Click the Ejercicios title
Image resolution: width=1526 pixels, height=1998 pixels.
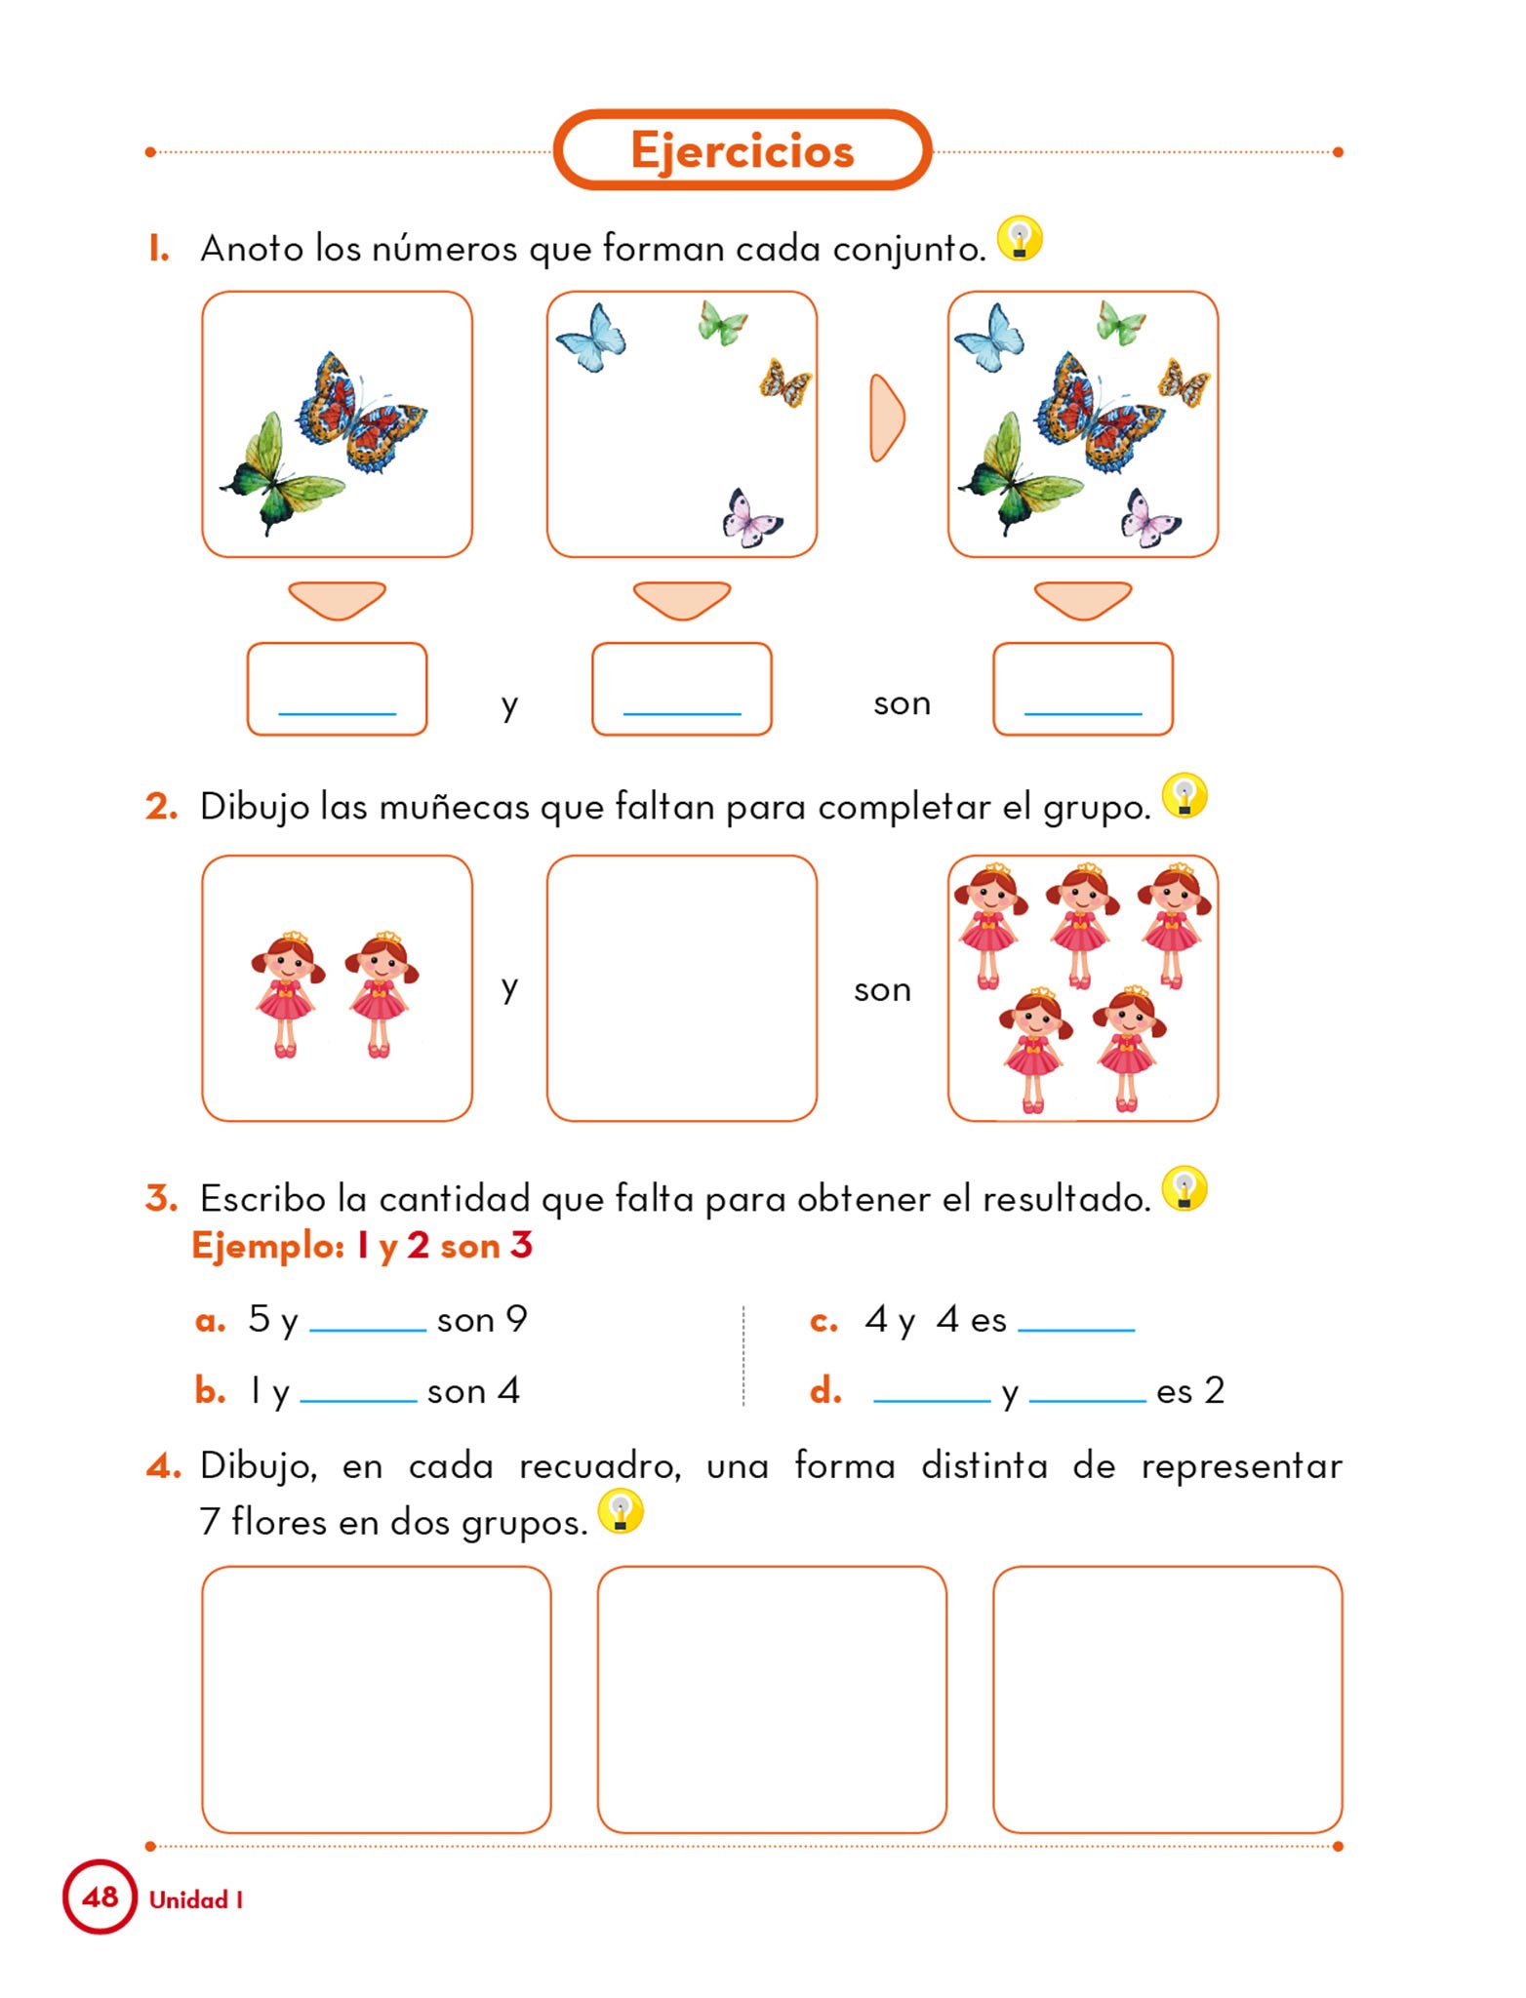click(x=742, y=150)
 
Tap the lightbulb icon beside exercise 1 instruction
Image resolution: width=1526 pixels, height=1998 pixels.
click(x=1020, y=238)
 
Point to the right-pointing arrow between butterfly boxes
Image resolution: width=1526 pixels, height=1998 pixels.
click(x=886, y=418)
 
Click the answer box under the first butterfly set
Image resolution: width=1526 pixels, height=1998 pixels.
click(x=337, y=689)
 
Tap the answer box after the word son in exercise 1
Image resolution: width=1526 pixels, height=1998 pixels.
click(x=1082, y=689)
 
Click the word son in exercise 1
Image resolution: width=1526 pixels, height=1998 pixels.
click(x=902, y=703)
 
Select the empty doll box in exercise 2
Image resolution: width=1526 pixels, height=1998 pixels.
click(x=681, y=987)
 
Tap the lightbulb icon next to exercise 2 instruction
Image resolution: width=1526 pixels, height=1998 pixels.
click(x=1185, y=796)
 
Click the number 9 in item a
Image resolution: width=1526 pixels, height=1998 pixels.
click(x=516, y=1319)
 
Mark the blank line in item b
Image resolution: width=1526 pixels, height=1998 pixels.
click(x=358, y=1397)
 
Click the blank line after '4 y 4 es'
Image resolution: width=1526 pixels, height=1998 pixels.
click(x=1075, y=1326)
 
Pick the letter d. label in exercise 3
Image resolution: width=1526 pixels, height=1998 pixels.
click(x=825, y=1391)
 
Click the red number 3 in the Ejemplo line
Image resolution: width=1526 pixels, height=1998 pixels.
click(x=521, y=1246)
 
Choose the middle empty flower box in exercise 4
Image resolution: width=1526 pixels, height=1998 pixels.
click(x=771, y=1698)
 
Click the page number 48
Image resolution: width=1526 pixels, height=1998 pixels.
click(x=100, y=1898)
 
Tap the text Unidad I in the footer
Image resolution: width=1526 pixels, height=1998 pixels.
click(x=195, y=1899)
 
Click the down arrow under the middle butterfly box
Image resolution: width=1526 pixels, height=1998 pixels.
click(x=681, y=599)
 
